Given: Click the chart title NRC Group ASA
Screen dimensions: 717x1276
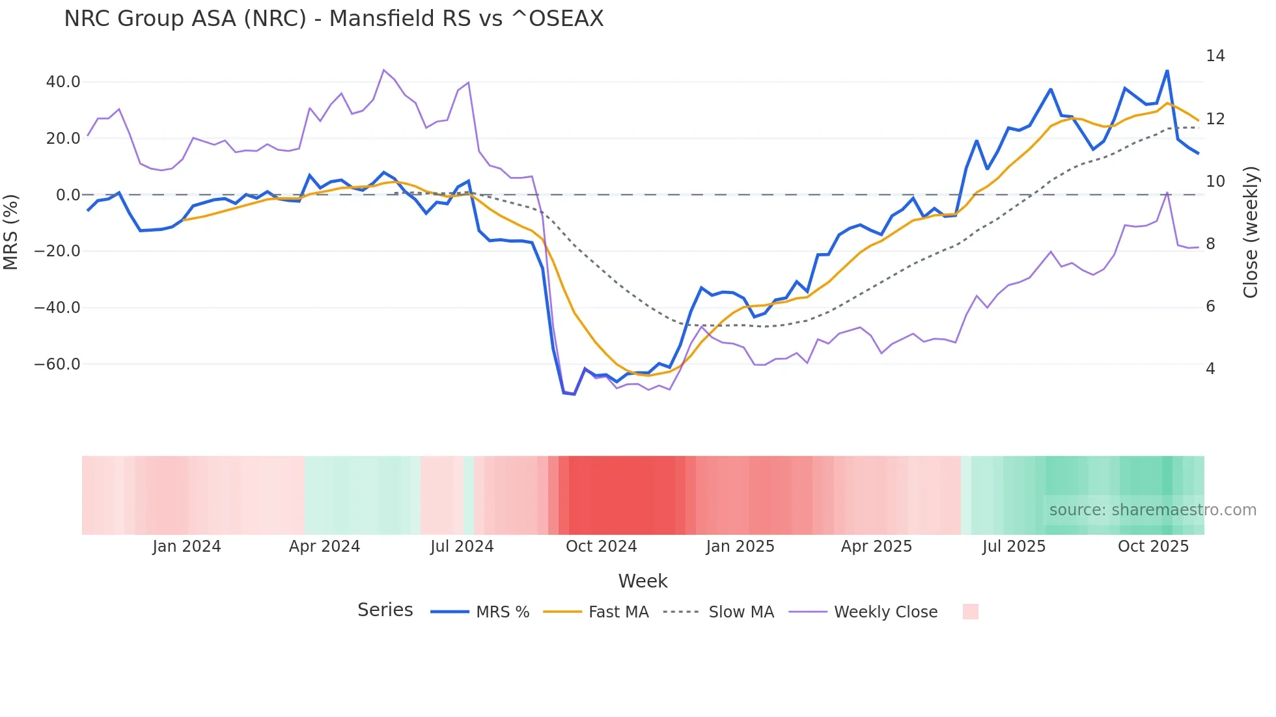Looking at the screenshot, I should pos(333,19).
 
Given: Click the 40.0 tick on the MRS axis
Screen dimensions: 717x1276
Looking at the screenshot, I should pos(63,82).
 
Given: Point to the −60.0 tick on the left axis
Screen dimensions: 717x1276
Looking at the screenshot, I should pos(57,364).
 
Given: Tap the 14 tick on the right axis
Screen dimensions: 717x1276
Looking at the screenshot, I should pos(1215,56).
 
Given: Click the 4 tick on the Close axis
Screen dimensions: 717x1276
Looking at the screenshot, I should pos(1210,369).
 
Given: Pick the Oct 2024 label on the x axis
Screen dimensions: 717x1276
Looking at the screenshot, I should pos(601,547).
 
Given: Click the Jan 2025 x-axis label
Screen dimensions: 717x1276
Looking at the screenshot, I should pos(740,547).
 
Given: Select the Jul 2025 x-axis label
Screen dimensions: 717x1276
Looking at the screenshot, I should pos(1014,547).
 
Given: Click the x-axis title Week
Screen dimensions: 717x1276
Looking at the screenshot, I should pos(643,581).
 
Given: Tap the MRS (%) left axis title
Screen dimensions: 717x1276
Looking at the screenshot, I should pos(11,232).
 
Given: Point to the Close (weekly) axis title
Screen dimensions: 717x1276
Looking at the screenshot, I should pos(1250,232).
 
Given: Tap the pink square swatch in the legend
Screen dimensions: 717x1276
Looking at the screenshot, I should pos(970,612).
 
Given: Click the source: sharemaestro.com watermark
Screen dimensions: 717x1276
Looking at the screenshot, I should pos(1152,510).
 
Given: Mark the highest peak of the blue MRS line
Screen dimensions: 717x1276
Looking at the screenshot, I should pos(1167,70).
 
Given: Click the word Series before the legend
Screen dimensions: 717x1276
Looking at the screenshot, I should pos(385,610).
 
